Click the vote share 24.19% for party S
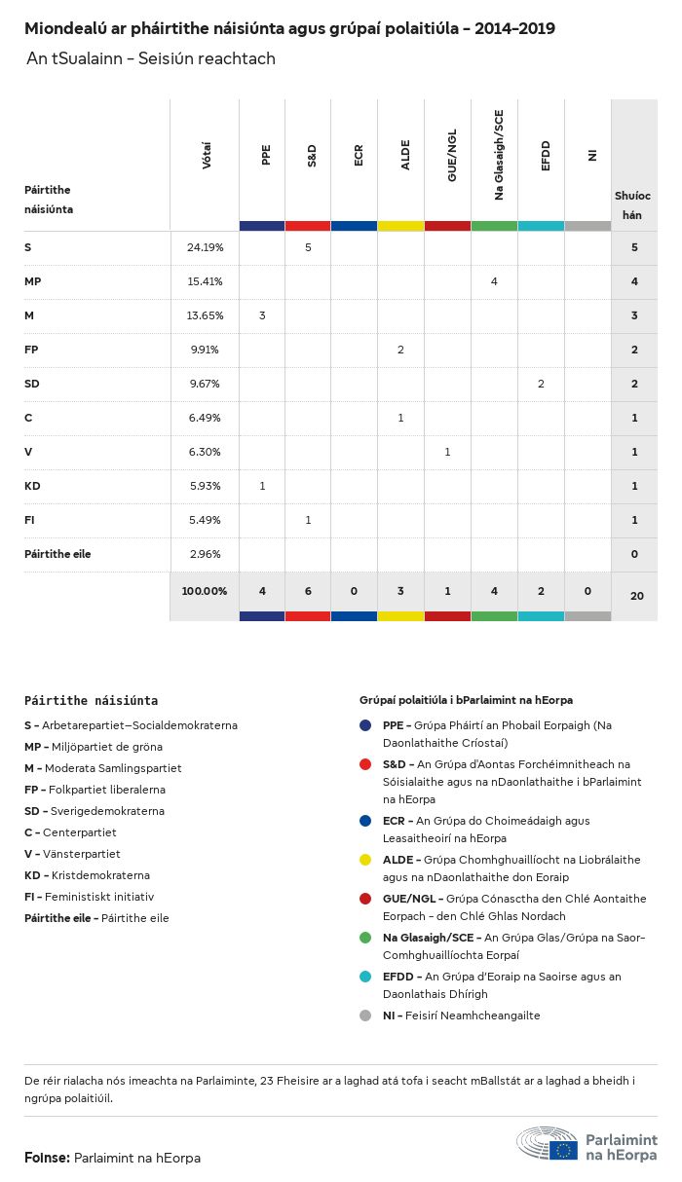click(205, 247)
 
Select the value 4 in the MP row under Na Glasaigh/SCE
click(494, 281)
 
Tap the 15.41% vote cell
click(205, 281)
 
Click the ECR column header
click(359, 155)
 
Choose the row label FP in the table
click(31, 350)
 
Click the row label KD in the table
click(32, 486)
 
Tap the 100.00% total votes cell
click(205, 591)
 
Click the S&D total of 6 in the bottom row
click(308, 591)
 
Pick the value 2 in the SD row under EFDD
click(541, 384)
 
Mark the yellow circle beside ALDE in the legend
click(365, 859)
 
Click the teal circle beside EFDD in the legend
click(365, 976)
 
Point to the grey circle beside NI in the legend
click(365, 1016)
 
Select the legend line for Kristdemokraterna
click(87, 875)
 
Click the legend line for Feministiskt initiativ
click(89, 897)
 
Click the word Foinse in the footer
click(46, 1158)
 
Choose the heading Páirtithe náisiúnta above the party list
click(91, 700)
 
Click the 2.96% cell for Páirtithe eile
click(205, 554)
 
